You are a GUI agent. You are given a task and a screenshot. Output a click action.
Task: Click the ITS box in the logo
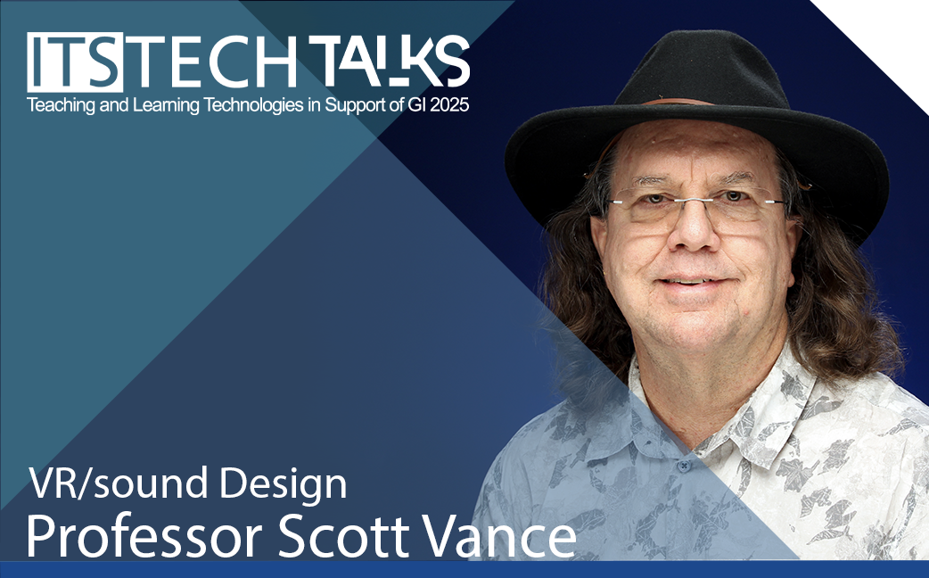tap(75, 62)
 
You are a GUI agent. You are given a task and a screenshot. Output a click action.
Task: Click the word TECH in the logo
tap(210, 62)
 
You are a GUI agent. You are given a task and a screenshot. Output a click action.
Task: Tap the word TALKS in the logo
tap(390, 61)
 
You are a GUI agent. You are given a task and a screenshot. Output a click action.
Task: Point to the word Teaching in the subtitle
tap(52, 106)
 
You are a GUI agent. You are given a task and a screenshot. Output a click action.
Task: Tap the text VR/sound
tap(119, 483)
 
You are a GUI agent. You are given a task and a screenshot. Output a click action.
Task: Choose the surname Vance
tap(499, 535)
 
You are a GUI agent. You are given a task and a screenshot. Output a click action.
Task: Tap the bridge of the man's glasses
tap(696, 201)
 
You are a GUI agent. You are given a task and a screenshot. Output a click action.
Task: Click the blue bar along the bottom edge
tap(464, 569)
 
